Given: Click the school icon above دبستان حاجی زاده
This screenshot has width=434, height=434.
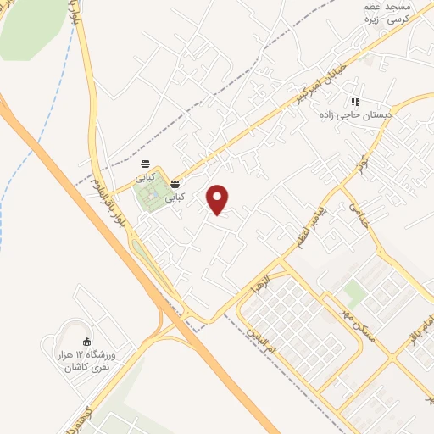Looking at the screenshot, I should pyautogui.click(x=354, y=102).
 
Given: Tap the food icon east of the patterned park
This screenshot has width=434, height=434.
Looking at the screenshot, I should pyautogui.click(x=175, y=183).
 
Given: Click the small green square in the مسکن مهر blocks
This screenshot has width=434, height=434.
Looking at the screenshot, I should pyautogui.click(x=354, y=294).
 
